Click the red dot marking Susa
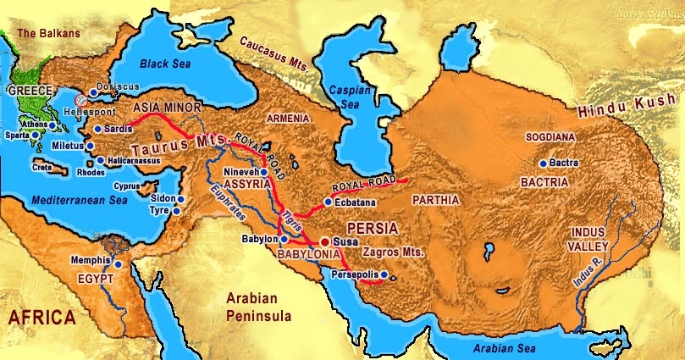(324, 241)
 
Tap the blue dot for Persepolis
(384, 274)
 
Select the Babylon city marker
(284, 240)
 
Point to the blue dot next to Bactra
(543, 163)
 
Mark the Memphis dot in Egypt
(118, 263)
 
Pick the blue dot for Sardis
(97, 129)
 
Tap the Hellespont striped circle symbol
(80, 99)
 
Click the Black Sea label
(165, 64)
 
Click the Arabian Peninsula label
(258, 307)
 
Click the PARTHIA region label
(435, 200)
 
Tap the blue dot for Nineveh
(263, 172)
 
